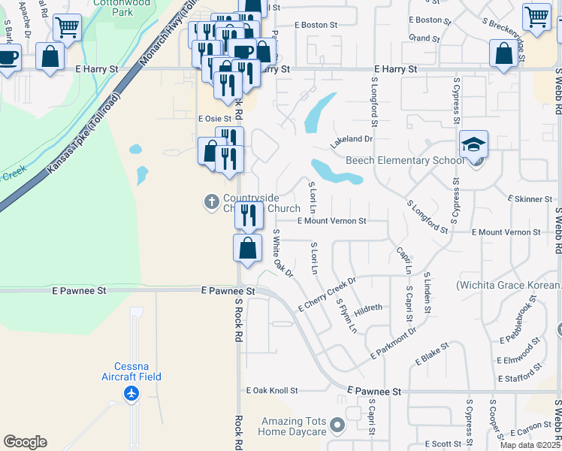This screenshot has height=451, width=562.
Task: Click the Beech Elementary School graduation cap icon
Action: (x=473, y=143)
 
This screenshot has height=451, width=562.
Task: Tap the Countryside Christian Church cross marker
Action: (x=212, y=201)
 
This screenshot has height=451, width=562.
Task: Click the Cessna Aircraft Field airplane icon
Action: (x=132, y=393)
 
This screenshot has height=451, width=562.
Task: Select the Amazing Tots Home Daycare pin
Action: (x=337, y=426)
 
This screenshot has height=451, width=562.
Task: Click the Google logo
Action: (x=25, y=442)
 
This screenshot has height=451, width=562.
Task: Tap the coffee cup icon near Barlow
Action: (x=8, y=57)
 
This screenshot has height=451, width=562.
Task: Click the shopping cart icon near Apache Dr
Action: (x=67, y=27)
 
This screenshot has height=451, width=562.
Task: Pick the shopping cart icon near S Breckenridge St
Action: (x=536, y=16)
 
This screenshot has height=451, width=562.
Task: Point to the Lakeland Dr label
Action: (x=352, y=139)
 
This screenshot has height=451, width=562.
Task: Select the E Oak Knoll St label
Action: (x=272, y=391)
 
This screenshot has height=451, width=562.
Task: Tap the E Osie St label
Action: (x=214, y=119)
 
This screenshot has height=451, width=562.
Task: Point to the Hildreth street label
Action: (x=368, y=307)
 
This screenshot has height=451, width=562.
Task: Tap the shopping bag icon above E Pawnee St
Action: (x=248, y=247)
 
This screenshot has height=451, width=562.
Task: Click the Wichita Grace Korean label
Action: (x=508, y=286)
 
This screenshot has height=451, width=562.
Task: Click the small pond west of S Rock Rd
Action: (x=141, y=176)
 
